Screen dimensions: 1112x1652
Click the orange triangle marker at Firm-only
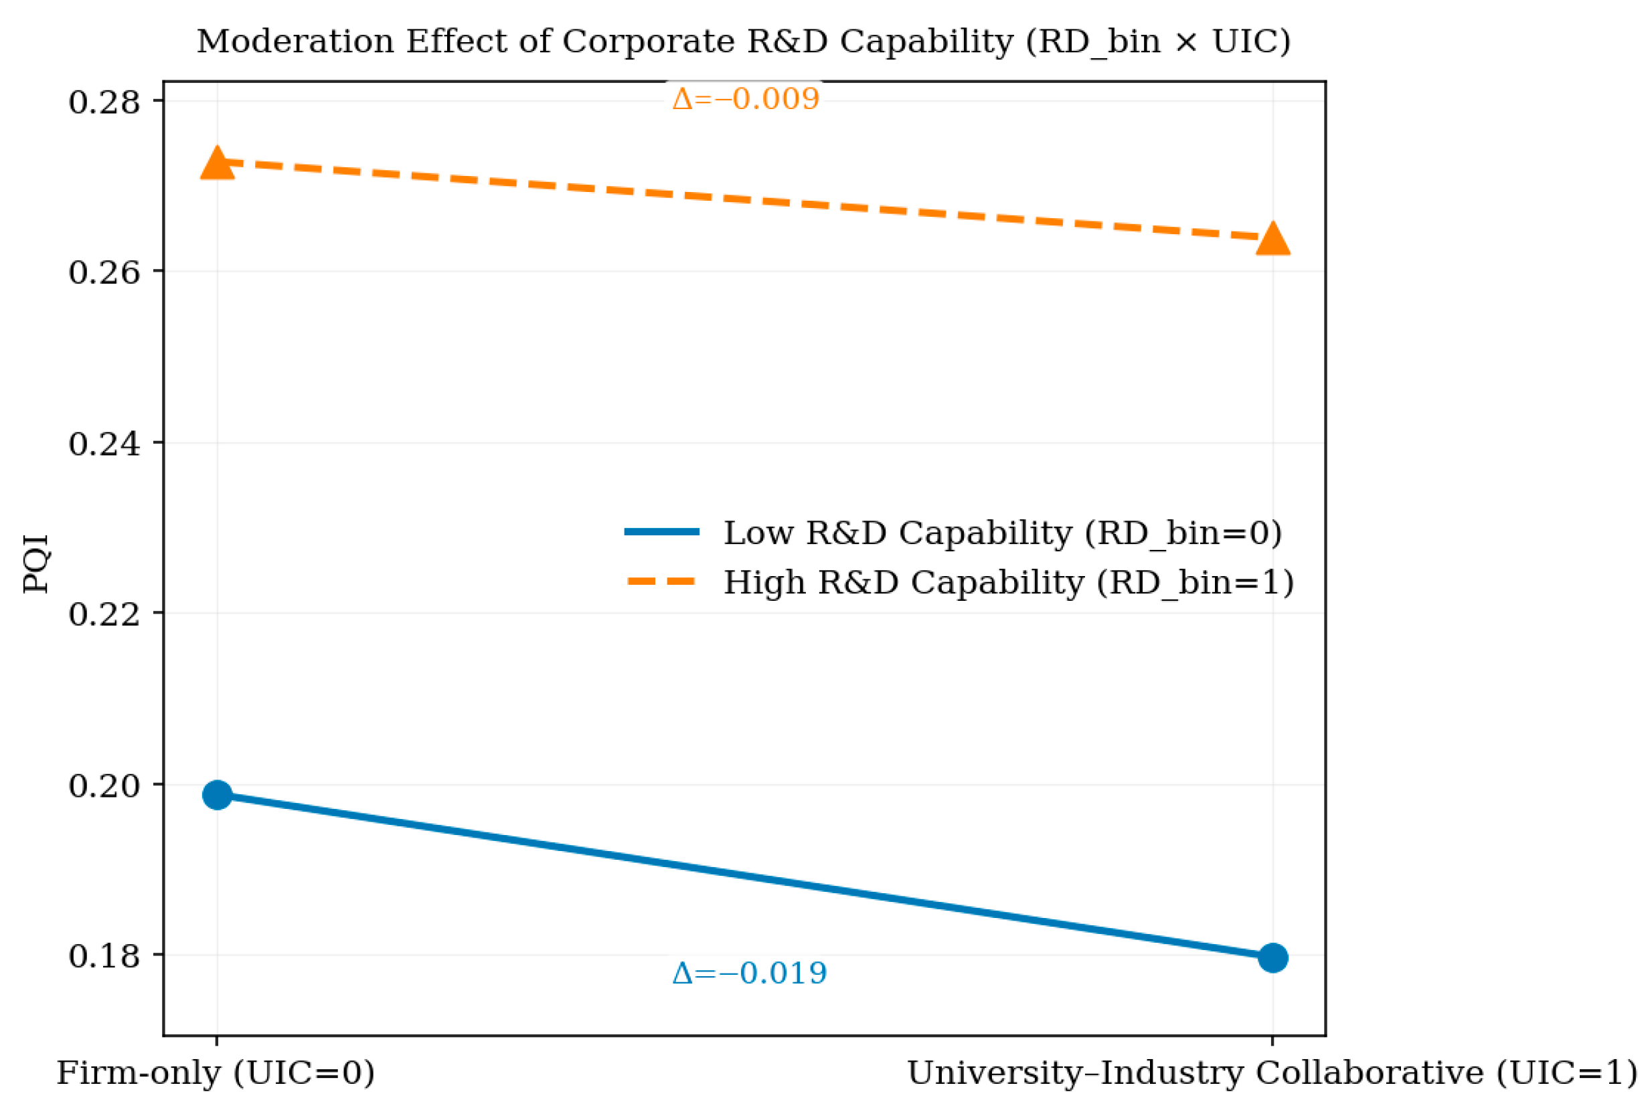click(217, 165)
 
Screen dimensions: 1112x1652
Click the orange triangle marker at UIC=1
click(1272, 239)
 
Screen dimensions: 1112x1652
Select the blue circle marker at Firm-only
click(217, 794)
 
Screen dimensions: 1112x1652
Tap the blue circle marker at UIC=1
click(1272, 957)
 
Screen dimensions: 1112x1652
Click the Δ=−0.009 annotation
click(746, 98)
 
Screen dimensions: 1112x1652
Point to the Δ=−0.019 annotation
click(749, 973)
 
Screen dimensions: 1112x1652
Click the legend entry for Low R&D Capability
click(1002, 533)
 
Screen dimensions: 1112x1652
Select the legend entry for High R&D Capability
click(1008, 582)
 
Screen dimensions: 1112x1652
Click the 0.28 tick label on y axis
click(104, 102)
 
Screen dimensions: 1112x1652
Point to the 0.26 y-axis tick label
click(104, 272)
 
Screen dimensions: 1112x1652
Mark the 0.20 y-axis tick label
click(104, 784)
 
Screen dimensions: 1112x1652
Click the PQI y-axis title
click(35, 564)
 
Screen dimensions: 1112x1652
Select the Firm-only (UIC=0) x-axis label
click(216, 1073)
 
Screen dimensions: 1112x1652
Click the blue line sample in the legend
click(662, 532)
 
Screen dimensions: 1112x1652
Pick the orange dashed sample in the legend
click(662, 581)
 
